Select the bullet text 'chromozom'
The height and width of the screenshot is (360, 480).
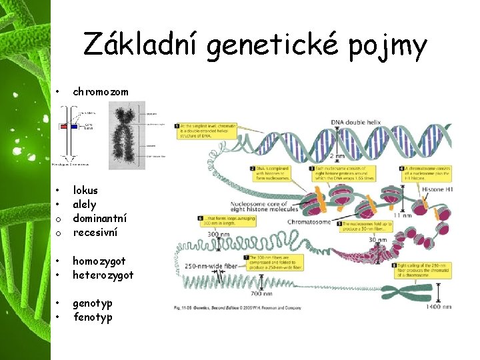point(101,91)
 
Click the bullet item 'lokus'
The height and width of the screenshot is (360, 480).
point(85,190)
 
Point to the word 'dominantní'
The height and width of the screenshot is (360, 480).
point(100,218)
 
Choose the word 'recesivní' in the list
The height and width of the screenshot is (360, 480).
point(95,232)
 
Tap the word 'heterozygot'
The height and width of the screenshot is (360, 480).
point(103,275)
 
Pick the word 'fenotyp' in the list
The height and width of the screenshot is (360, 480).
point(93,317)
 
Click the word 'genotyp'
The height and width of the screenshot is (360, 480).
point(93,303)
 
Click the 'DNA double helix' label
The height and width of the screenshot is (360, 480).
point(357,121)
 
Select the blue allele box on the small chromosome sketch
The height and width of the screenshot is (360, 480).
point(73,125)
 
